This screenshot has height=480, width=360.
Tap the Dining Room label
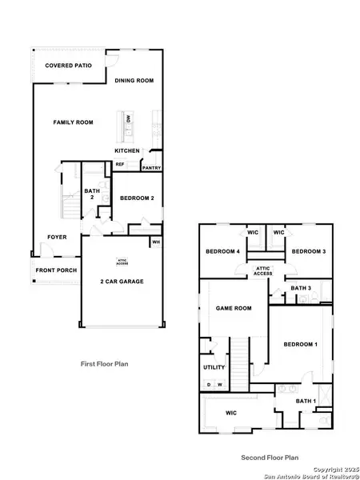[134, 81]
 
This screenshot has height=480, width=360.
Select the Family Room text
[73, 122]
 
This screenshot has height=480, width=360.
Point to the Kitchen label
[127, 150]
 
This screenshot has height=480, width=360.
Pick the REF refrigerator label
[120, 164]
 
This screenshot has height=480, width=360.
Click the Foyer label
[57, 237]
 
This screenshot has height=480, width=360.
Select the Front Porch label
[56, 270]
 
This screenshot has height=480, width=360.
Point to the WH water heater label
[156, 241]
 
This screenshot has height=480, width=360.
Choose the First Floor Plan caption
[104, 363]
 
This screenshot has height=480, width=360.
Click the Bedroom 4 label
[223, 251]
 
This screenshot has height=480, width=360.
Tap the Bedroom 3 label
[306, 251]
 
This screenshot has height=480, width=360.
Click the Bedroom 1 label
[301, 344]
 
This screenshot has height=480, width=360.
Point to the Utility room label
[214, 367]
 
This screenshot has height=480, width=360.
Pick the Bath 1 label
[306, 401]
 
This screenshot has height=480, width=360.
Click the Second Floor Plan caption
[270, 458]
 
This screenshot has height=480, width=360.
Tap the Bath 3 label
[300, 288]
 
